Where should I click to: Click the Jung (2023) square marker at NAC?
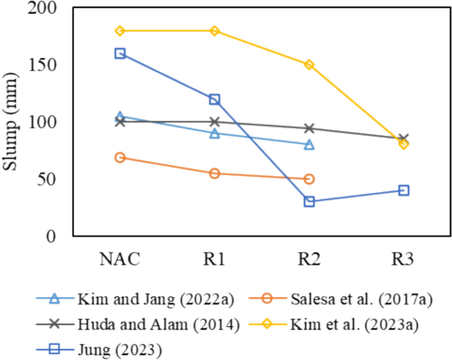120,54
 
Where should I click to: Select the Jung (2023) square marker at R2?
309,201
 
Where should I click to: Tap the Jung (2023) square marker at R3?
404,190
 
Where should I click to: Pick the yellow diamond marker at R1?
214,31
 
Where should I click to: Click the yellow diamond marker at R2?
309,65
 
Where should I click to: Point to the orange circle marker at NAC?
120,157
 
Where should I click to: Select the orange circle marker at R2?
309,179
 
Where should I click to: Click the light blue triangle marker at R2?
309,144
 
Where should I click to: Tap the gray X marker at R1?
214,122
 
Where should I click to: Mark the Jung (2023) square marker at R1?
214,99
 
